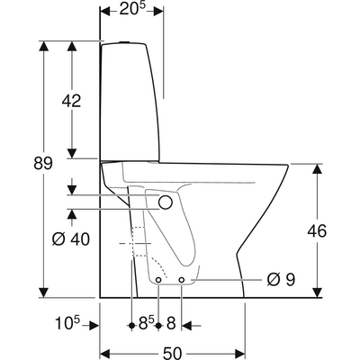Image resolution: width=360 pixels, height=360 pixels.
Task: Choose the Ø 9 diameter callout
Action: pyautogui.click(x=281, y=280)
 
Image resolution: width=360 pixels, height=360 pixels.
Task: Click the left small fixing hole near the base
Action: pyautogui.click(x=158, y=280)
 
